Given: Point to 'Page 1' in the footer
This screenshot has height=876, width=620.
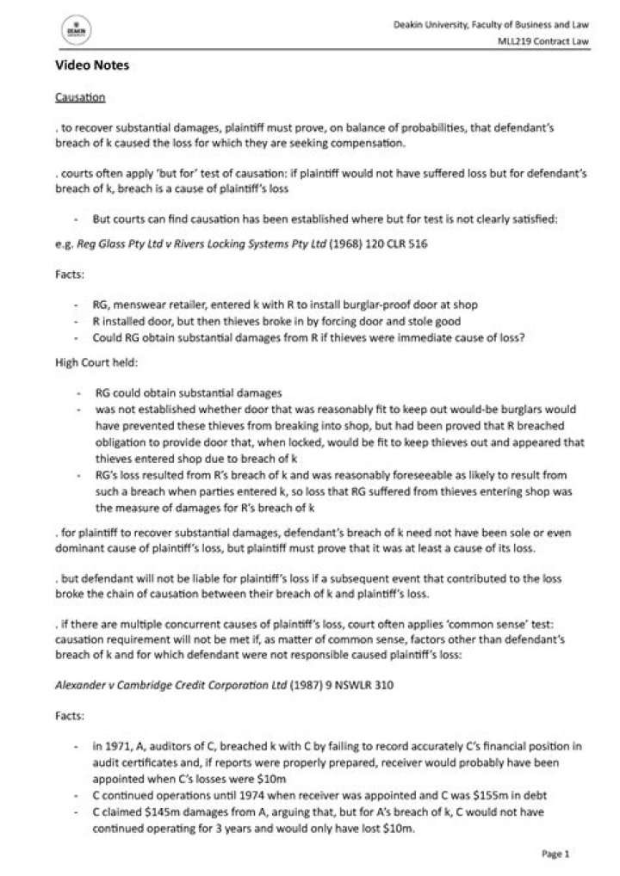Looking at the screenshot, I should point(555,854).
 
